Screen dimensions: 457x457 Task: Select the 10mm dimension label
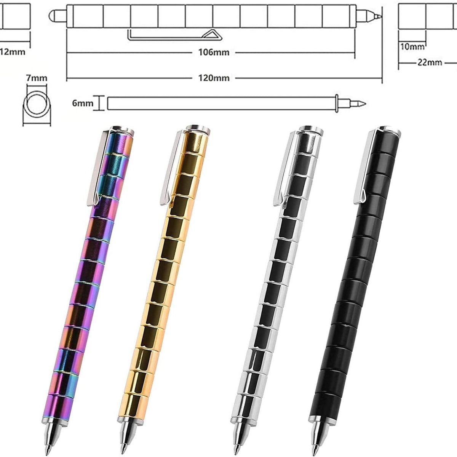[x=412, y=46]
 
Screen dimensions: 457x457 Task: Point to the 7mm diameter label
[x=37, y=78]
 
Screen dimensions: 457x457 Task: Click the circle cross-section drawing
[x=36, y=103]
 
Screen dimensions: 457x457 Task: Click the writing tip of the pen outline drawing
[x=378, y=16]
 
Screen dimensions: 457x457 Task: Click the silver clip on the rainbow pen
[x=99, y=168]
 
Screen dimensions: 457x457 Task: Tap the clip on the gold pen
[x=173, y=168]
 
